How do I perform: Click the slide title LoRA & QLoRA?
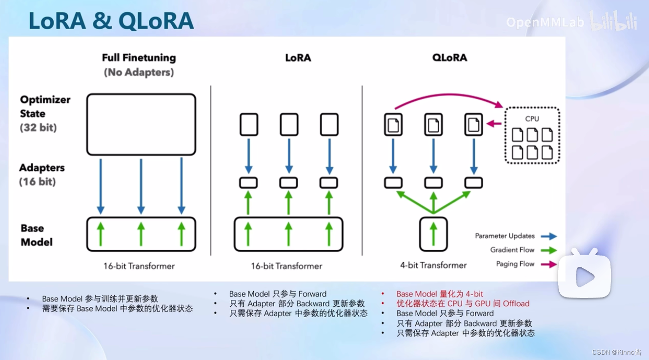pos(111,21)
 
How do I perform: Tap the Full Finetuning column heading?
pos(139,58)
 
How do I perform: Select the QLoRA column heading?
pos(449,58)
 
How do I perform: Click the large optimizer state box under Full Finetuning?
pos(141,124)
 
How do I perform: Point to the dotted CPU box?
pos(532,135)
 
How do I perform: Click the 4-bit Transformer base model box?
pos(433,234)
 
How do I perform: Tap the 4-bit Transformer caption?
pos(433,265)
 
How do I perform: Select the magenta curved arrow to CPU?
pos(449,97)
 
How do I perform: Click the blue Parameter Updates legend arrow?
pos(549,236)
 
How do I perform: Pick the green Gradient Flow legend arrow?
pos(549,250)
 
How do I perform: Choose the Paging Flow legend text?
pos(515,264)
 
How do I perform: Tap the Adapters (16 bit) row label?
pos(41,174)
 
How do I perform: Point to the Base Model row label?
pos(37,235)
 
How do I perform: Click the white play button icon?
pos(585,277)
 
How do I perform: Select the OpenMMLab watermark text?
pos(545,22)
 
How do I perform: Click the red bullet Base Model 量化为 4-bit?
pos(440,294)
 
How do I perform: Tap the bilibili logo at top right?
pos(613,21)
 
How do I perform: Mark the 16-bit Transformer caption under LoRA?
pos(286,266)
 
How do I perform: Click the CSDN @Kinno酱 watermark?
pos(617,352)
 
